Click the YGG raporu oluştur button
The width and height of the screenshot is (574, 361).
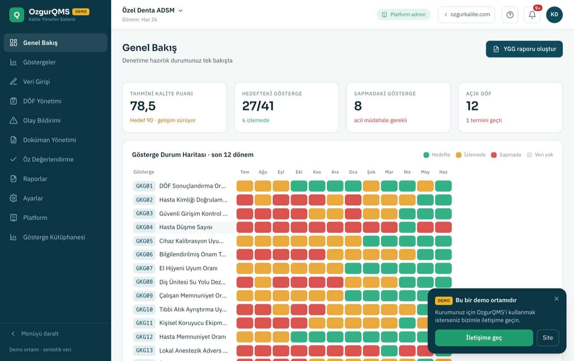pyautogui.click(x=524, y=49)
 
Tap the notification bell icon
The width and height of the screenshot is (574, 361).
pyautogui.click(x=532, y=15)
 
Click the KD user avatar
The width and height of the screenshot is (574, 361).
pyautogui.click(x=554, y=15)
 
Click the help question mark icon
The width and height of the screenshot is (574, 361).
pyautogui.click(x=510, y=15)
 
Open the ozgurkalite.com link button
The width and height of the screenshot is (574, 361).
pyautogui.click(x=467, y=15)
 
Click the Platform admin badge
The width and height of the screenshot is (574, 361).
pyautogui.click(x=403, y=15)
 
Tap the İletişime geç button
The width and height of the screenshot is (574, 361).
pyautogui.click(x=484, y=338)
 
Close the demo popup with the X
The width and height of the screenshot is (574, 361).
pyautogui.click(x=556, y=299)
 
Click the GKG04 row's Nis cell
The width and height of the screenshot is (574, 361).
pyautogui.click(x=407, y=227)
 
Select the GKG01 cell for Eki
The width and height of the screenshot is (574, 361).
pyautogui.click(x=299, y=186)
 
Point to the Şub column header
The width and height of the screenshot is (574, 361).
pyautogui.click(x=371, y=172)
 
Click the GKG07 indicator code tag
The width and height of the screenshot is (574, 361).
pyautogui.click(x=144, y=268)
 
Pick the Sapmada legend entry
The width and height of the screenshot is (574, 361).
pyautogui.click(x=506, y=155)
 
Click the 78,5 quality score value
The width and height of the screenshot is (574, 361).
pyautogui.click(x=143, y=106)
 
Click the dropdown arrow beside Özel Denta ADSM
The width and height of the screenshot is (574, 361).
pyautogui.click(x=180, y=11)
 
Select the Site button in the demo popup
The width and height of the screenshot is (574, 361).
pyautogui.click(x=548, y=338)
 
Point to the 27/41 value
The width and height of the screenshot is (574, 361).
pyautogui.click(x=258, y=106)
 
